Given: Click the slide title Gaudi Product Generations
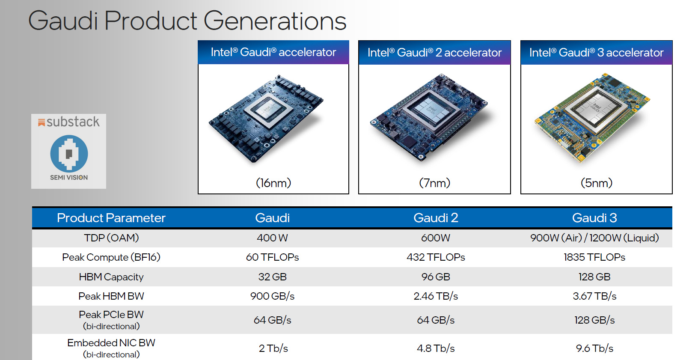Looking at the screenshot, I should (x=187, y=21).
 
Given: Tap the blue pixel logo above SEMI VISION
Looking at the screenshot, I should (x=69, y=153).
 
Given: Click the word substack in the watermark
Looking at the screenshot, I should (x=73, y=122).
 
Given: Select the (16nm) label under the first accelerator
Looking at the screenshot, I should (x=273, y=183).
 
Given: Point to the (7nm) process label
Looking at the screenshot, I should (x=434, y=183).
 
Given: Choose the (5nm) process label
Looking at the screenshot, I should (x=596, y=183).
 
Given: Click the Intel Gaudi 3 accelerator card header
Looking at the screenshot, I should (x=596, y=53).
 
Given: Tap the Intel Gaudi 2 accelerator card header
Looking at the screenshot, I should (x=434, y=53).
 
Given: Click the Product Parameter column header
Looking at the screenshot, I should (x=111, y=218).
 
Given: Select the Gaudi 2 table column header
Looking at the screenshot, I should (x=436, y=218).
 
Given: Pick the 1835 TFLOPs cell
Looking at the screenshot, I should (x=594, y=257).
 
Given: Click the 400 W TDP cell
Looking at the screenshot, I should (x=273, y=238).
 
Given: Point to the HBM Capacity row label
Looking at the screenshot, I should (x=111, y=277).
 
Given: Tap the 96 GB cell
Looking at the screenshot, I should (x=436, y=277).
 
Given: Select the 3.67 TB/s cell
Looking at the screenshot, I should (x=594, y=296).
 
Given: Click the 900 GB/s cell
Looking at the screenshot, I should (x=273, y=296).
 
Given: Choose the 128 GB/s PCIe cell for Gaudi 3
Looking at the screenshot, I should (x=594, y=320).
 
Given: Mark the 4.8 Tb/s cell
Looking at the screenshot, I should (x=436, y=348).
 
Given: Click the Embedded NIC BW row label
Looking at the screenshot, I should (x=111, y=343).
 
